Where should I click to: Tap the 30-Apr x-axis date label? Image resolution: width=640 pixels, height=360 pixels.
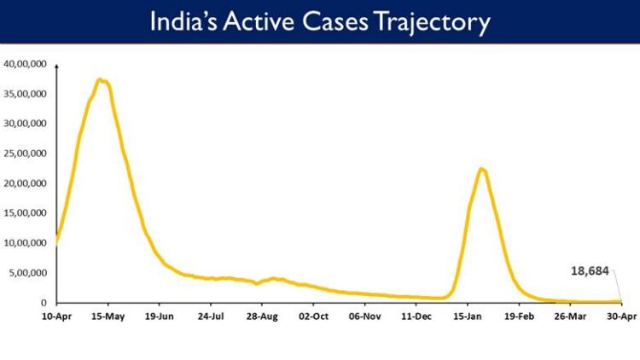click(621, 316)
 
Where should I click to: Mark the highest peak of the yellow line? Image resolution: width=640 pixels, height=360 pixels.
click(102, 80)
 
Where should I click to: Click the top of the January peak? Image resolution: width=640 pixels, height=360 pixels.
click(482, 169)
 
